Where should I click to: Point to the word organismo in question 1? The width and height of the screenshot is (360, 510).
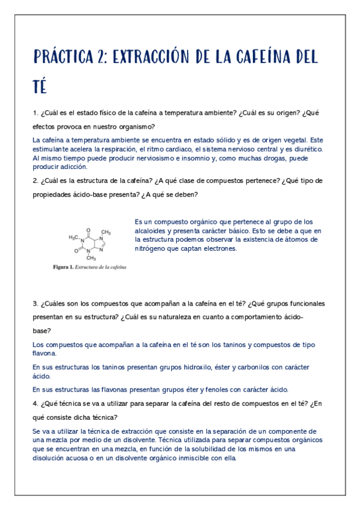pyautogui.click(x=135, y=126)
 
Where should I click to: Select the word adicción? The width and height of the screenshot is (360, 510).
pyautogui.click(x=73, y=167)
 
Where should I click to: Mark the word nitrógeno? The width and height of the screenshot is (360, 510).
pyautogui.click(x=152, y=248)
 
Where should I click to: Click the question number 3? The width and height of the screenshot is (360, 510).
pyautogui.click(x=35, y=304)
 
